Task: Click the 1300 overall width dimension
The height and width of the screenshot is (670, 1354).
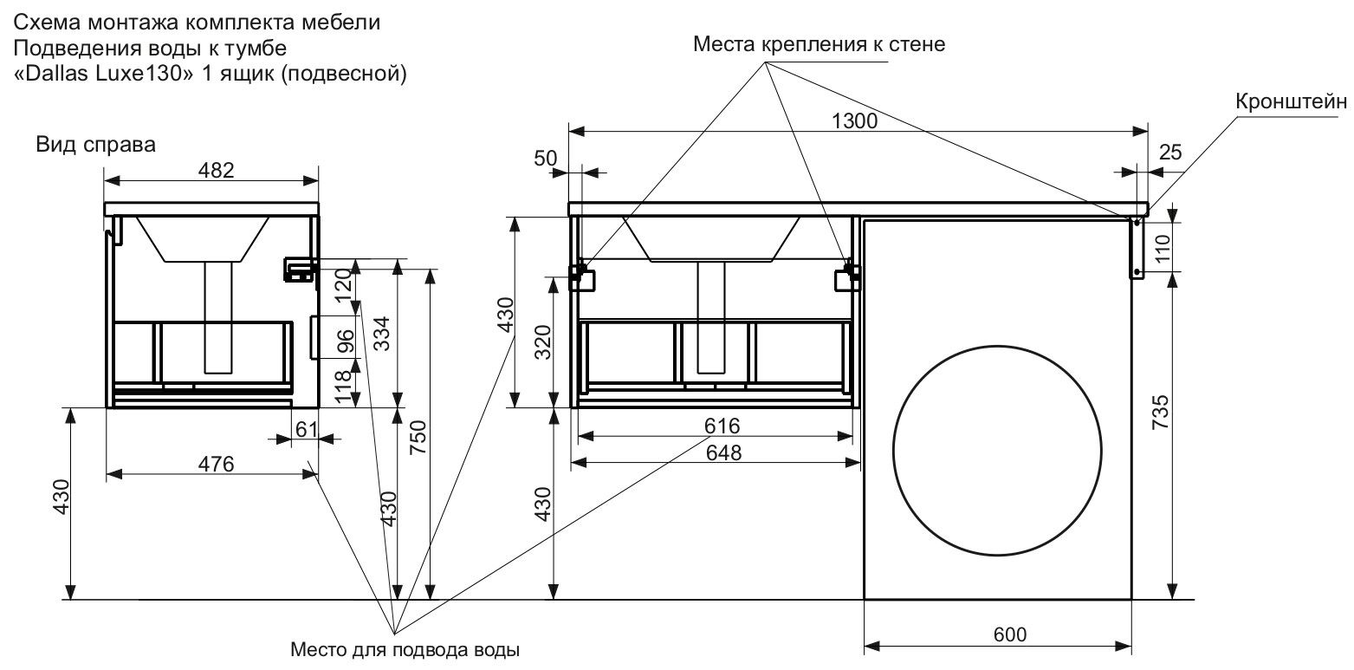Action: [x=856, y=121]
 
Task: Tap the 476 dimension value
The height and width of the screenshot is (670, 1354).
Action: [x=217, y=464]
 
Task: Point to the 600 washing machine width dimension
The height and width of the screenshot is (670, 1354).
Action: [x=1009, y=634]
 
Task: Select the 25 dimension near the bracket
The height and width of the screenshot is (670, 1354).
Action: [x=1170, y=153]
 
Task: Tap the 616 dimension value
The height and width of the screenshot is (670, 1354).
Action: [x=722, y=426]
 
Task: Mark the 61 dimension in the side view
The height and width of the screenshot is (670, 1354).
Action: [x=306, y=430]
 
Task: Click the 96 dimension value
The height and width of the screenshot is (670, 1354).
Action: [x=344, y=342]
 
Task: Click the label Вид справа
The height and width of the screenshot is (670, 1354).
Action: [x=96, y=144]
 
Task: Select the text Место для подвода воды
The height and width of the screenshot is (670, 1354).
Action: [x=405, y=649]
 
